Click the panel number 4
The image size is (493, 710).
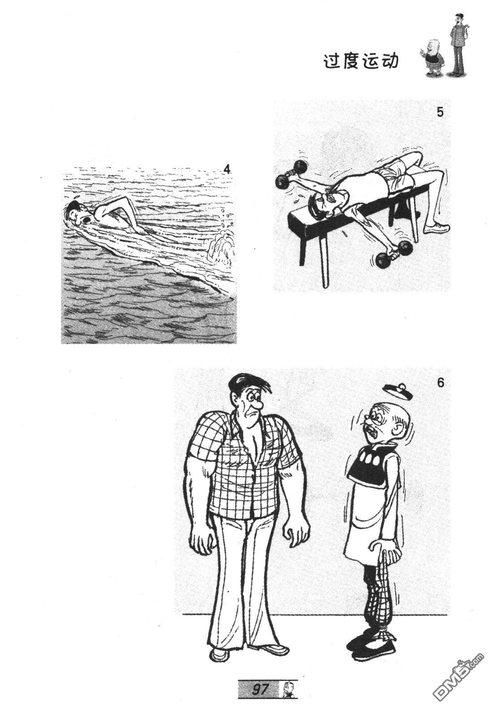point(227,169)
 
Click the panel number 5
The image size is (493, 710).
point(440,113)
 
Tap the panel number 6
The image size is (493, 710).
point(441,383)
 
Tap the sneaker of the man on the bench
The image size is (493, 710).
point(437,227)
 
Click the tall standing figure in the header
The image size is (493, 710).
point(458,44)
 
